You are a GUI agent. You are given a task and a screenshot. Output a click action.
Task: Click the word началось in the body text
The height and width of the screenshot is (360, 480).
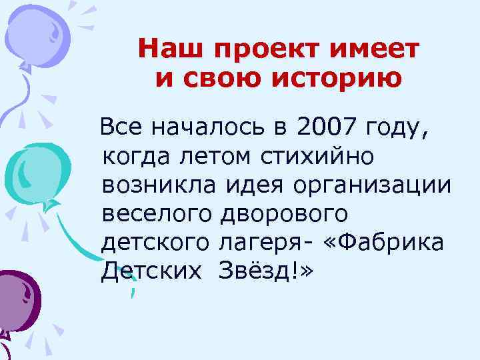pos(211,125)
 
